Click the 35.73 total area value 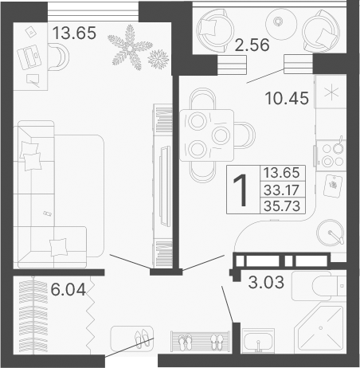281,205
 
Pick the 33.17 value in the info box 281,190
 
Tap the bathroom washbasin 259,343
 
